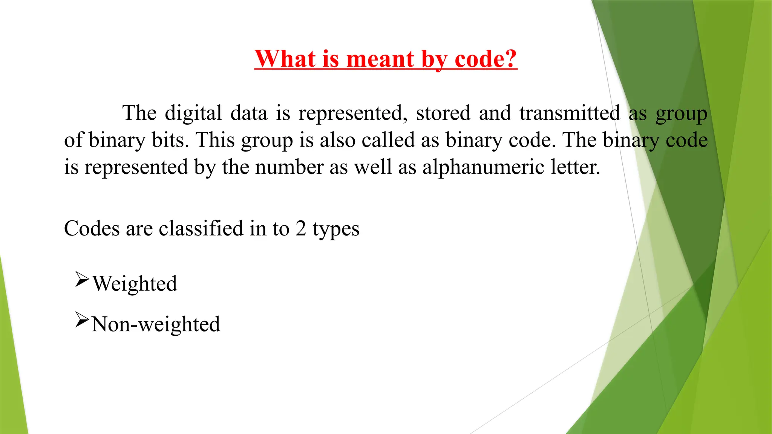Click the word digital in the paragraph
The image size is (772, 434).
(x=193, y=113)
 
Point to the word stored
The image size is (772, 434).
(x=443, y=113)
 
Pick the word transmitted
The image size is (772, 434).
(x=570, y=113)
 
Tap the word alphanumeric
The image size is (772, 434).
(x=483, y=167)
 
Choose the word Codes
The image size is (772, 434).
(x=92, y=228)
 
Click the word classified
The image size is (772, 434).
(x=201, y=228)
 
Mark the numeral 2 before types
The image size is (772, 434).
(x=301, y=228)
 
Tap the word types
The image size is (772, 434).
(x=336, y=229)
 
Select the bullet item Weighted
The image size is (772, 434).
(x=135, y=284)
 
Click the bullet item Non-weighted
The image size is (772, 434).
(x=156, y=324)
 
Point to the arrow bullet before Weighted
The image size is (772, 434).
(x=82, y=280)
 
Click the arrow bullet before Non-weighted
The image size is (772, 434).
(x=82, y=320)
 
